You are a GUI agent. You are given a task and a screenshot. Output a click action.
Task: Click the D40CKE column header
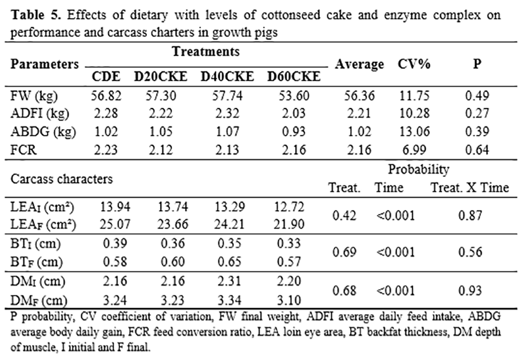[x=227, y=77]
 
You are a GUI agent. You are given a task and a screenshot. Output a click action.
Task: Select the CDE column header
[x=107, y=77]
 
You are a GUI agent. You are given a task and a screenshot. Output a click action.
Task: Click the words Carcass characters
[x=62, y=178]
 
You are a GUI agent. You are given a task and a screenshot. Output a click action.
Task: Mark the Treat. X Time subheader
[x=470, y=187]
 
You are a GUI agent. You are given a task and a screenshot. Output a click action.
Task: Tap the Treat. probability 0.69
[x=342, y=252]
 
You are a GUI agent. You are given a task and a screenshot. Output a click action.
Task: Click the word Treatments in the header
[x=206, y=52]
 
